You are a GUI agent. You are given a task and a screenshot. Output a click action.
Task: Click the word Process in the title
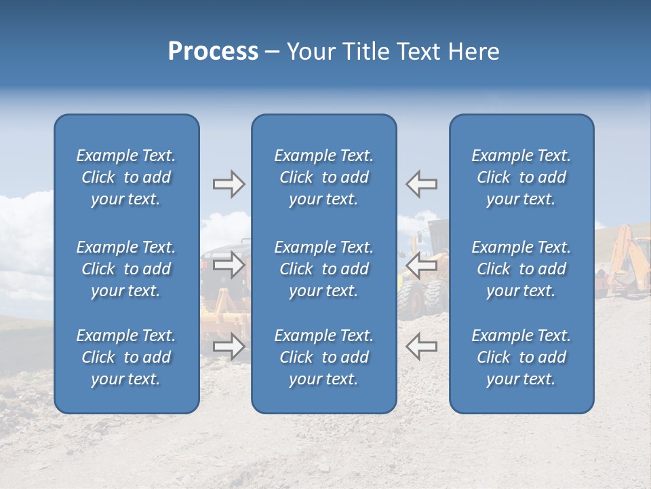pos(213,52)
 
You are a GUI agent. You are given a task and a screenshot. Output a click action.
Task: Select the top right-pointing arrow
pos(229,184)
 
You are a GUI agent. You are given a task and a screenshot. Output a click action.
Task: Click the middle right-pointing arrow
pos(229,266)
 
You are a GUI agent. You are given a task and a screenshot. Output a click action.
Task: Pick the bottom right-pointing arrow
pos(229,346)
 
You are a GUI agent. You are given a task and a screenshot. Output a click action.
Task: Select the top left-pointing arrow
pos(422,184)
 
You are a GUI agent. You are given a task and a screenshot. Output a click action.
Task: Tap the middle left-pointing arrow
pos(422,266)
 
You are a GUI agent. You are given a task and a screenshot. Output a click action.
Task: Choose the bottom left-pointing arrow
pos(422,346)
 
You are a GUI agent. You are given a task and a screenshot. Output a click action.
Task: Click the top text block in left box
pos(126,177)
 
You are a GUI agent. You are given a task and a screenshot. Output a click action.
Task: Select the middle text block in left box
pos(126,269)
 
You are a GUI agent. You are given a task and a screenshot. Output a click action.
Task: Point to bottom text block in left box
pos(126,357)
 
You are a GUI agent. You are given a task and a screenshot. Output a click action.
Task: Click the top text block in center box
pos(323,177)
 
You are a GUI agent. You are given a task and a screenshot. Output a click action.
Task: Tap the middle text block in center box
pos(323,269)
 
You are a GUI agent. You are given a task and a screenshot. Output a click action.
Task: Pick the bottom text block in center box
pos(323,357)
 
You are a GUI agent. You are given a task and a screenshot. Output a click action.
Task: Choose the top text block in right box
pos(521,177)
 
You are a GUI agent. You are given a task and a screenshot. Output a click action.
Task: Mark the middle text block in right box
pos(521,269)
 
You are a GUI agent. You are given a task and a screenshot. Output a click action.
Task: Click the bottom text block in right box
pos(521,357)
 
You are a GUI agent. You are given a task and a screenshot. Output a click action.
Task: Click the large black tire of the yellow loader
pos(411,300)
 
